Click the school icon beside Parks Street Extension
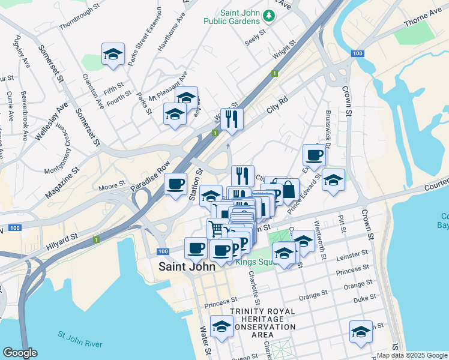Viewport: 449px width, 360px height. (x=113, y=55)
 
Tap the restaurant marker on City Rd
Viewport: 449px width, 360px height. (x=231, y=119)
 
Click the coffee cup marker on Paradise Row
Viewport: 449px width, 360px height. (x=175, y=184)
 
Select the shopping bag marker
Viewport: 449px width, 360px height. (x=288, y=190)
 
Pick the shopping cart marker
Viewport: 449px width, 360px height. (x=216, y=229)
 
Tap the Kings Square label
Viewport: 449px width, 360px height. (x=256, y=262)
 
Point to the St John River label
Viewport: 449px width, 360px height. (x=82, y=334)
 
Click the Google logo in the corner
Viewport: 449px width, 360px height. (x=20, y=353)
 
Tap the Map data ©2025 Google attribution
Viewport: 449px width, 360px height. (x=412, y=355)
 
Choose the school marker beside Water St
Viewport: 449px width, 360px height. (x=221, y=328)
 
